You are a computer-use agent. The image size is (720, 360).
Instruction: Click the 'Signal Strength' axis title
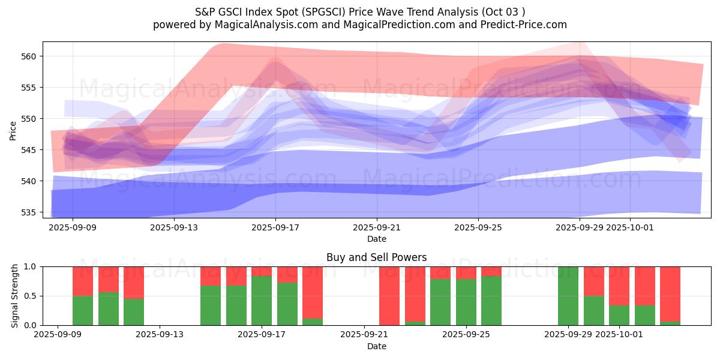[x=15, y=296]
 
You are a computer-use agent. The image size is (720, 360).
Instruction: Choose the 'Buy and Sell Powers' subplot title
[x=376, y=257]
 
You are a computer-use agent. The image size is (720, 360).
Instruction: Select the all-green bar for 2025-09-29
[x=568, y=296]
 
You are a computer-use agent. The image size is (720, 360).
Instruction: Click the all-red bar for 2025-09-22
[x=389, y=296]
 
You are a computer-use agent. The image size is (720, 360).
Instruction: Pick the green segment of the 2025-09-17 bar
[x=262, y=301]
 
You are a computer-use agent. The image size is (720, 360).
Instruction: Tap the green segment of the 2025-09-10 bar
[x=83, y=311]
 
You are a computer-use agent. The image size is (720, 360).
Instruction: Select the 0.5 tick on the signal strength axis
[x=31, y=296]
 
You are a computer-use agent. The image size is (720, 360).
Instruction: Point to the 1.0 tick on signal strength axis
[x=31, y=266]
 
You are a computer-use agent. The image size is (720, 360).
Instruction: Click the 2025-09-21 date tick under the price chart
[x=377, y=228]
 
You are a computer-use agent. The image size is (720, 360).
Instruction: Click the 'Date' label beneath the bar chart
[x=376, y=346]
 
